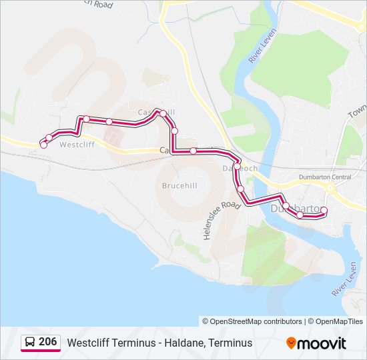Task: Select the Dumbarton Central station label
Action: (324, 177)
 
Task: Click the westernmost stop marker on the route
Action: (43, 145)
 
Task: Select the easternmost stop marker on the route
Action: (324, 211)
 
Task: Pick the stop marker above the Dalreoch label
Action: (237, 165)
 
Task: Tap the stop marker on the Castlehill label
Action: (162, 113)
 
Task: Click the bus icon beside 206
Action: (30, 343)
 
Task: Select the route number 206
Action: (48, 342)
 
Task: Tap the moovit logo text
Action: (322, 343)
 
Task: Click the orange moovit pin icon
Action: (291, 343)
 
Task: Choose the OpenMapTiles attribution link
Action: (335, 321)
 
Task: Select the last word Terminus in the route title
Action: (230, 343)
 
